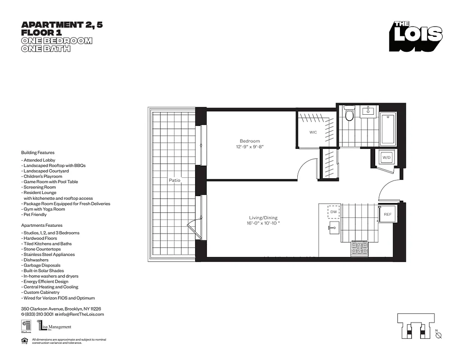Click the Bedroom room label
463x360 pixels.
click(250, 141)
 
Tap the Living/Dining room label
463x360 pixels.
click(262, 217)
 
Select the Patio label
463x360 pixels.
click(175, 180)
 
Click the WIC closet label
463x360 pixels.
click(313, 132)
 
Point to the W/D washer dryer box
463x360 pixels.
click(386, 158)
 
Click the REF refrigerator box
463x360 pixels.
click(387, 215)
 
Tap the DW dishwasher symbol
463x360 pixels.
click(334, 211)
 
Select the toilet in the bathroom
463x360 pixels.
click(349, 115)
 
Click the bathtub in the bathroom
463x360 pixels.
click(388, 129)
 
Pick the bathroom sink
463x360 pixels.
click(369, 111)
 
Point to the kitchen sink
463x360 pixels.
click(334, 228)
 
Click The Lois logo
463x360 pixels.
click(416, 36)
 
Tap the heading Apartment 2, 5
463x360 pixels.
click(62, 25)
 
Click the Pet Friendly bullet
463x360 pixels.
click(34, 215)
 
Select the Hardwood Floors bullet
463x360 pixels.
click(39, 238)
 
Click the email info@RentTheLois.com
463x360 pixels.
click(81, 314)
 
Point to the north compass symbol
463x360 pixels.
click(439, 335)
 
